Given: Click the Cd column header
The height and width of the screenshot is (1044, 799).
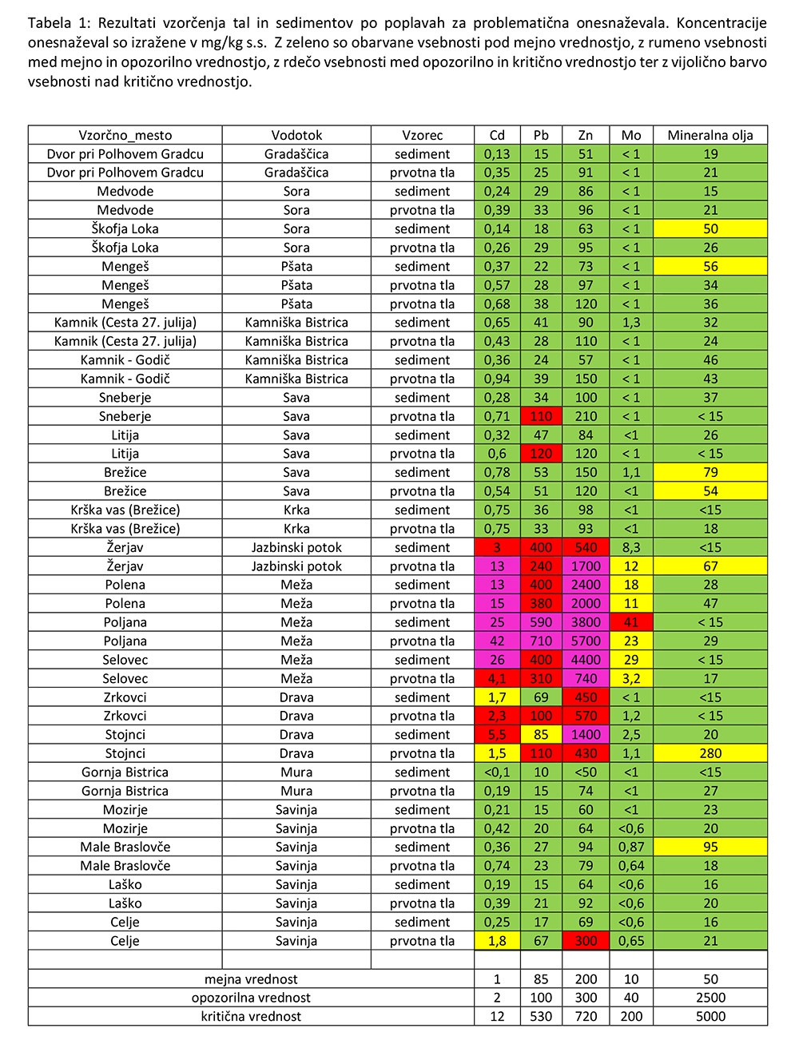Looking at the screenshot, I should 497,135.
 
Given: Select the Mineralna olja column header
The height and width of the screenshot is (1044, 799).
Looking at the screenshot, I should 710,135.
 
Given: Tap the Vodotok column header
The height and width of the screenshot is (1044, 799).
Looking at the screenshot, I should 296,135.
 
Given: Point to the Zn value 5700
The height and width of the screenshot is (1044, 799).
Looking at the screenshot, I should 586,641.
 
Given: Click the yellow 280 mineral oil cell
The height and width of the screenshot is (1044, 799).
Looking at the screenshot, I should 710,753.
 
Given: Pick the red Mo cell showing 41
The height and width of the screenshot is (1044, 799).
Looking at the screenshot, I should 631,622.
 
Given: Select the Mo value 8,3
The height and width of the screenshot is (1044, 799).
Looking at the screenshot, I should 631,547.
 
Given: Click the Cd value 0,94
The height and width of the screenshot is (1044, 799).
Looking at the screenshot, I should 497,379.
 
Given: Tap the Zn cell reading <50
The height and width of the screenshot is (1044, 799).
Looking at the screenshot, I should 586,772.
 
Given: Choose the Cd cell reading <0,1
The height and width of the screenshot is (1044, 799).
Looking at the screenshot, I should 497,772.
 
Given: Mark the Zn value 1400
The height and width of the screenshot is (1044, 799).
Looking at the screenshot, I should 586,735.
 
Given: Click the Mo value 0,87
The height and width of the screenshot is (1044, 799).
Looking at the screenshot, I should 631,847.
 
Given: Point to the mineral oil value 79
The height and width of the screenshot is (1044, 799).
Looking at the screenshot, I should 710,472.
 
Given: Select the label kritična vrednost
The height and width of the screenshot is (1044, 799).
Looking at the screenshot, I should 251,1016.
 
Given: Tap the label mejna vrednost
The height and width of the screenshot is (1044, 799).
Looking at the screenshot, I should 251,979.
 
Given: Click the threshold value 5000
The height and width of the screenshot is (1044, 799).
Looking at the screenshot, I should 710,1016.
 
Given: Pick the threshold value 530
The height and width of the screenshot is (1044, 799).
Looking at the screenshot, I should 541,1016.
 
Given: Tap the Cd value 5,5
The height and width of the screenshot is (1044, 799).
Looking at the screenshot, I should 497,735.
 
